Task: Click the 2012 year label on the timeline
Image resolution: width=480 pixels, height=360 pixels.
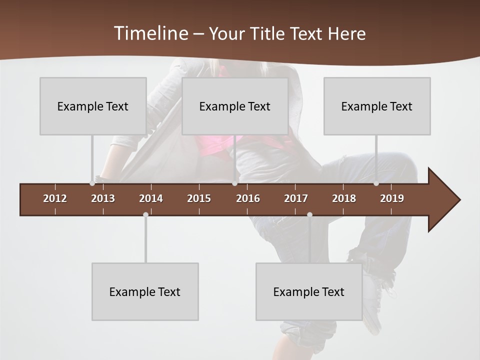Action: tap(55, 198)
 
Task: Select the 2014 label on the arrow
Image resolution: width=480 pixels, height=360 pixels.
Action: tap(151, 198)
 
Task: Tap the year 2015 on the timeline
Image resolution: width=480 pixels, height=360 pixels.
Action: tap(199, 198)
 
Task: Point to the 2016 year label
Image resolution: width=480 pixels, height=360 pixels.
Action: tap(248, 198)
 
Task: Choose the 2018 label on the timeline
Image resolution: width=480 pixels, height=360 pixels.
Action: tap(344, 198)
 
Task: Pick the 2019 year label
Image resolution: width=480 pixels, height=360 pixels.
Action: tap(392, 198)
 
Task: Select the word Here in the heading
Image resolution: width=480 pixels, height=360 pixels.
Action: tap(346, 34)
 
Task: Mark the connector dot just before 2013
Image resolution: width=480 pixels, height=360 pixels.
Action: tap(92, 183)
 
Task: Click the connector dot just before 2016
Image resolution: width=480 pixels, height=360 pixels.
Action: tap(234, 183)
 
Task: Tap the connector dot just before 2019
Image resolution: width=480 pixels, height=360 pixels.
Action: tap(376, 183)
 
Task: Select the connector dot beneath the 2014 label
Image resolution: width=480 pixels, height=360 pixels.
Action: tap(145, 214)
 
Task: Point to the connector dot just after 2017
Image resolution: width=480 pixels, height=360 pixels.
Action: tap(309, 214)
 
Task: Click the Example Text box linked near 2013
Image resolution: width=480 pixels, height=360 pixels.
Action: tap(93, 106)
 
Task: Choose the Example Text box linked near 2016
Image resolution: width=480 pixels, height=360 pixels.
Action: tap(235, 106)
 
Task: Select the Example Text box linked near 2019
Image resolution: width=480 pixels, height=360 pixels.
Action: tap(377, 106)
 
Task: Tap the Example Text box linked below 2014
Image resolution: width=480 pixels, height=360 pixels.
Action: tap(145, 291)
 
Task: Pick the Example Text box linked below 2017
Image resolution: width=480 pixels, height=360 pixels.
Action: tap(309, 291)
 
